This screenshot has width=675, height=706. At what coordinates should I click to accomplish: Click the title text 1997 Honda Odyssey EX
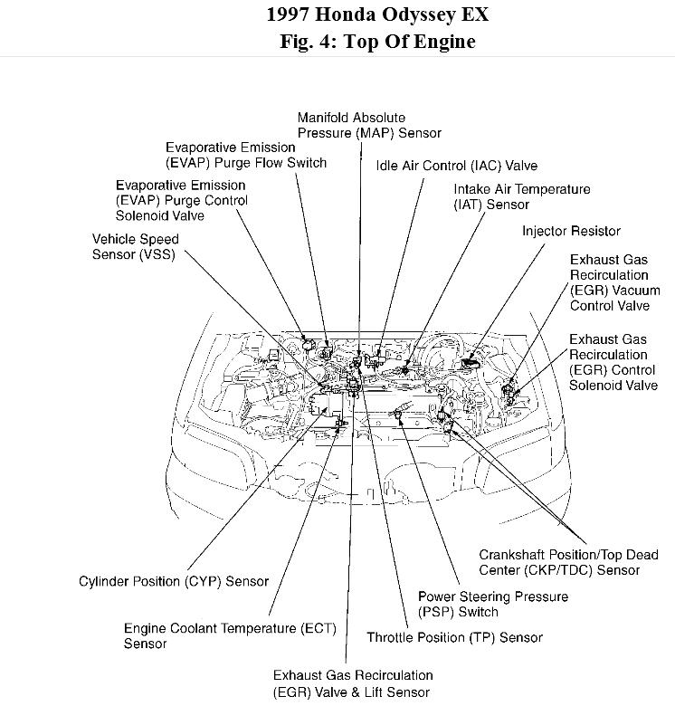(376, 15)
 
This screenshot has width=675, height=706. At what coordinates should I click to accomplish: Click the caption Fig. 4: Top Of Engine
(376, 42)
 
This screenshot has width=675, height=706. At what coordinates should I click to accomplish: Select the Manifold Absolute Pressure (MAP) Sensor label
(369, 125)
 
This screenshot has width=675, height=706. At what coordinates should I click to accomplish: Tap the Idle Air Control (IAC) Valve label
(457, 166)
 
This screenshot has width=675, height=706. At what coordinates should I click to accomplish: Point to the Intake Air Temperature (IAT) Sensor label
(521, 196)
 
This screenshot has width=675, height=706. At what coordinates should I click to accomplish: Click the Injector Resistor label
(571, 232)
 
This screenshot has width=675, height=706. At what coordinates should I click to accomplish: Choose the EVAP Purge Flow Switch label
(245, 155)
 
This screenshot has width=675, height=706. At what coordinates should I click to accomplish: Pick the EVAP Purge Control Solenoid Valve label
(181, 200)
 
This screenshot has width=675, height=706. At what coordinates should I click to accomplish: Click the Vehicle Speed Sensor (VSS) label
(136, 246)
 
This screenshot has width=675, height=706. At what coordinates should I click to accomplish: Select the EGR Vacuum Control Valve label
(614, 282)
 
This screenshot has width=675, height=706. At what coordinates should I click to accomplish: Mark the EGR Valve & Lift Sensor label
(352, 683)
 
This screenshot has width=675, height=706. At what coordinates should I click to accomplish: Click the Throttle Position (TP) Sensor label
(454, 637)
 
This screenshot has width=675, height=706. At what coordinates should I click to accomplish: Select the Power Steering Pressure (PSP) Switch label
(492, 604)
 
